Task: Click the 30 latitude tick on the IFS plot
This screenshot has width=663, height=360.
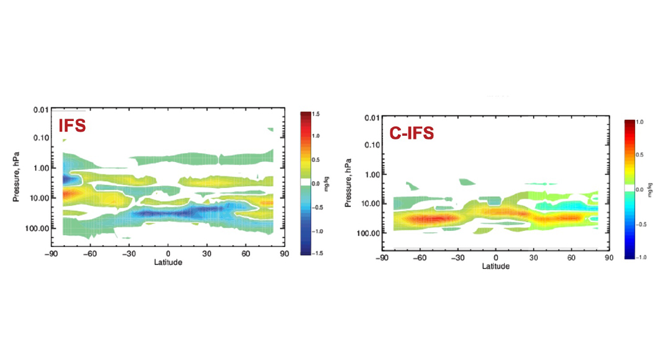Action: click(207, 254)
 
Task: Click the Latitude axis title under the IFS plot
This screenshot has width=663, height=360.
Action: click(168, 262)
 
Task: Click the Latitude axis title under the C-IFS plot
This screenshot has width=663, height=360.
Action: click(495, 266)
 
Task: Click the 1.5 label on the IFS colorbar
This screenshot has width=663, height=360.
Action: click(316, 115)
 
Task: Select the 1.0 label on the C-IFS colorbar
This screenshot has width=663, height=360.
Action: click(639, 123)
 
